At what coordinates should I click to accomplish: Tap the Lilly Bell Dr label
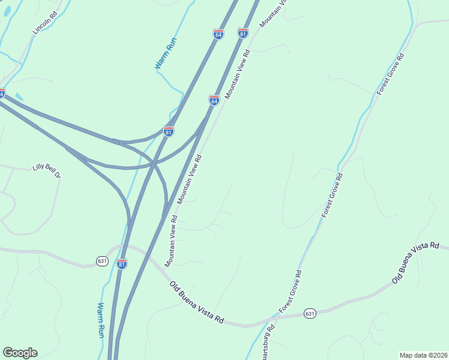coord(47,172)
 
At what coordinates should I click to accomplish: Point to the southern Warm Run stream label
coord(101,319)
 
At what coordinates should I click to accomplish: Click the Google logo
coord(20,353)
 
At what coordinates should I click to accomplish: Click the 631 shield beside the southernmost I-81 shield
coord(101,261)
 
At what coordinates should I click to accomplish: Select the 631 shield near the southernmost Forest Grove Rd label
coord(310,313)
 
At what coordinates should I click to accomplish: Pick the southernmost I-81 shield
coord(122,264)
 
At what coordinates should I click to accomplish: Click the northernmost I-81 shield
coord(243,33)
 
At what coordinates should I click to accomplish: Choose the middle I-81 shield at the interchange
coord(169,131)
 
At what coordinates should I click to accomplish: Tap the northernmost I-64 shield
coord(218,34)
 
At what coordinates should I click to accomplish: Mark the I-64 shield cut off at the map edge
coord(2,94)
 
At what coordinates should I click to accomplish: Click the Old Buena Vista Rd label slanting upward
coord(415,263)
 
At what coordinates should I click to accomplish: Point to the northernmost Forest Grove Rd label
coord(391,74)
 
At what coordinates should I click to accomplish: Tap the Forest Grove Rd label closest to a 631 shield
coord(291,291)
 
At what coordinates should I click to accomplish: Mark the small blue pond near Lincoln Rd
coord(19,97)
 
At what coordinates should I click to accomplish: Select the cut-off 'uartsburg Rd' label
coord(267,343)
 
